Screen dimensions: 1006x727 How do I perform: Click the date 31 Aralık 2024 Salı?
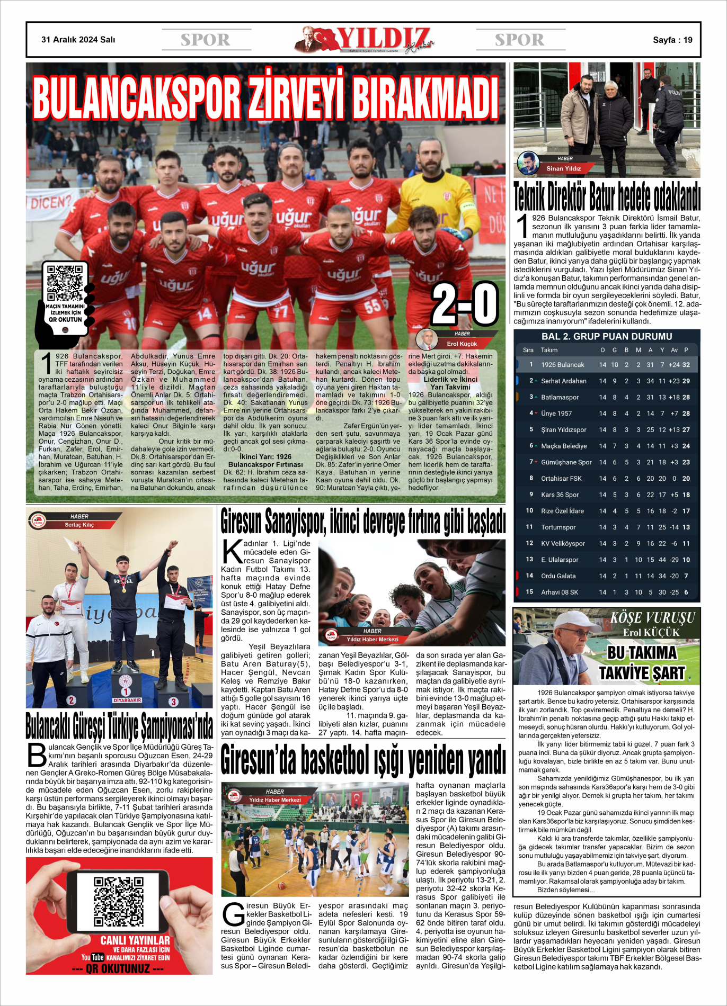coord(78,40)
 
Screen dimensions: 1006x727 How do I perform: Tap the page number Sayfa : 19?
coord(672,40)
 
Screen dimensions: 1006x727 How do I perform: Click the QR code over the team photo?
coord(65,283)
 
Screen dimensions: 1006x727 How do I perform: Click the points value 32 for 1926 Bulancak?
coord(686,365)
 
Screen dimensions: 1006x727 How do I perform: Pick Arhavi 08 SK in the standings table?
coord(560,592)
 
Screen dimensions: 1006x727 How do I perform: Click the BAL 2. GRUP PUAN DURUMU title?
coord(607,336)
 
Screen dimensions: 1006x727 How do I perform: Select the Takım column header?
coord(549,350)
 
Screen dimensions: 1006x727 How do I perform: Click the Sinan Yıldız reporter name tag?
coord(564,168)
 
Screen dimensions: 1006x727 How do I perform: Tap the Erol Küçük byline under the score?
coord(462,344)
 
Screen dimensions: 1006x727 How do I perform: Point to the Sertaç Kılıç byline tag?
coord(79,525)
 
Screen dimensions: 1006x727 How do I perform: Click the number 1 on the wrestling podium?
coord(126,691)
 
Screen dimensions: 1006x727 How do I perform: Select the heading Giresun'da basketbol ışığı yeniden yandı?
coord(363,760)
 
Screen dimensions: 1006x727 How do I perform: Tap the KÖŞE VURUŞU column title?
coord(652,618)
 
